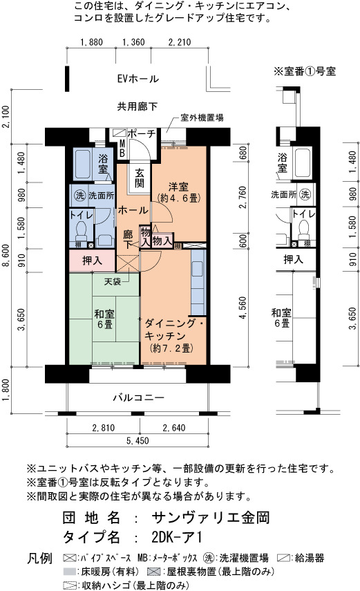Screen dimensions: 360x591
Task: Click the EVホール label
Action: pyautogui.click(x=138, y=79)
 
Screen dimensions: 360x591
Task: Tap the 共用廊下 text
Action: pyautogui.click(x=138, y=106)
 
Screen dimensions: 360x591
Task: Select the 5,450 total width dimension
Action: pyautogui.click(x=138, y=440)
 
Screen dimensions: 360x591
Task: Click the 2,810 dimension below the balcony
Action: pyautogui.click(x=103, y=428)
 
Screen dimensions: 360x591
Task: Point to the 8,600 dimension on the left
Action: pyautogui.click(x=6, y=256)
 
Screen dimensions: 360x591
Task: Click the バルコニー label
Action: pyautogui.click(x=139, y=397)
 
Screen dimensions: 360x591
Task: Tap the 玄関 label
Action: pyautogui.click(x=140, y=178)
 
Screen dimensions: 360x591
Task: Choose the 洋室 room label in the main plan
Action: pyautogui.click(x=178, y=187)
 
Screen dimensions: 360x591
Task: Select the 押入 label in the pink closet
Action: pyautogui.click(x=92, y=260)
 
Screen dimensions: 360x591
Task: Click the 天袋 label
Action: pyautogui.click(x=113, y=281)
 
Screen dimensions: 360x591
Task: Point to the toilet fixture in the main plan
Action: pyautogui.click(x=81, y=232)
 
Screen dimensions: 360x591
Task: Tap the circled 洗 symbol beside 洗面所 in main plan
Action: pyautogui.click(x=80, y=196)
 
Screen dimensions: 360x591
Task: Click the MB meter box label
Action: pyautogui.click(x=122, y=148)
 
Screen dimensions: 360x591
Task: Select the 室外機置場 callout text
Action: pyautogui.click(x=202, y=118)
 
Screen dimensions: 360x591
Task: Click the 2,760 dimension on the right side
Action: pyautogui.click(x=243, y=197)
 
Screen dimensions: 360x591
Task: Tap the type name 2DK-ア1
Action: pyautogui.click(x=177, y=537)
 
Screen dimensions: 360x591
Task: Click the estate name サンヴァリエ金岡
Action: pyautogui.click(x=210, y=518)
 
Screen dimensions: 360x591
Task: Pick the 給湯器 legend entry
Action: pyautogui.click(x=301, y=558)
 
